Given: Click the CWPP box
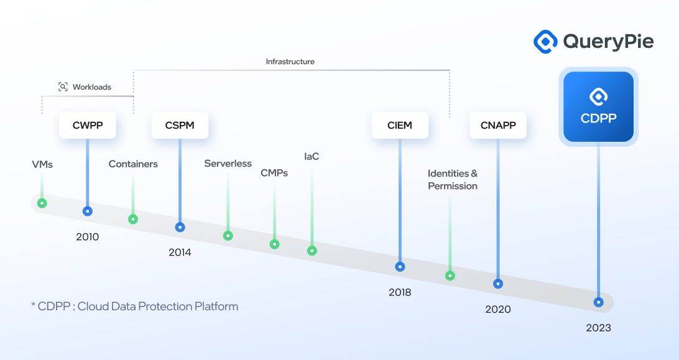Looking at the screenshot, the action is (x=88, y=125).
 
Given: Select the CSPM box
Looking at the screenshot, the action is (x=180, y=125).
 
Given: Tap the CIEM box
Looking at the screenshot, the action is (x=400, y=125).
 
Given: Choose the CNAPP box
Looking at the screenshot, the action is (x=498, y=125).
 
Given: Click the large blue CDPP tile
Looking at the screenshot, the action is (x=598, y=106).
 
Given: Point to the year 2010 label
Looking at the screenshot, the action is (x=88, y=237).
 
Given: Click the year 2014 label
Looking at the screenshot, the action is (x=180, y=252).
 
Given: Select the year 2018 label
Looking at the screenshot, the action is (x=400, y=292).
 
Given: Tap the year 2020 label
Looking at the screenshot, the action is (x=498, y=309).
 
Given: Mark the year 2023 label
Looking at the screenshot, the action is (x=598, y=328).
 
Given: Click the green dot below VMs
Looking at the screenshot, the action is (x=42, y=203).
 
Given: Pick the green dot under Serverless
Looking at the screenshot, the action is (x=228, y=236).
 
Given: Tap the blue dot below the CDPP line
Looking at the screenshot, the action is (x=598, y=302).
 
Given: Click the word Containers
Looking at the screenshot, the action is (x=133, y=164).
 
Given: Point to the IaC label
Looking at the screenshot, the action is (x=312, y=157).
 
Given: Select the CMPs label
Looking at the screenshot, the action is (x=274, y=173).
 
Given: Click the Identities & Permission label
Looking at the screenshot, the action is (x=453, y=180).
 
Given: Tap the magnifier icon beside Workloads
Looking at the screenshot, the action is (x=63, y=86).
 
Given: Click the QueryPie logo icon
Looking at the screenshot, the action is (x=545, y=42).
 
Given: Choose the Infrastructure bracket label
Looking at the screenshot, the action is (x=290, y=62).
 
